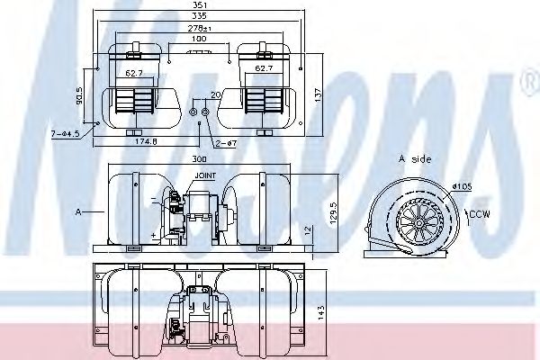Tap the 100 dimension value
click(198, 40)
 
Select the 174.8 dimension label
click(147, 140)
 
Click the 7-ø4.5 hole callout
click(66, 134)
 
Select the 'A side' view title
click(415, 158)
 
